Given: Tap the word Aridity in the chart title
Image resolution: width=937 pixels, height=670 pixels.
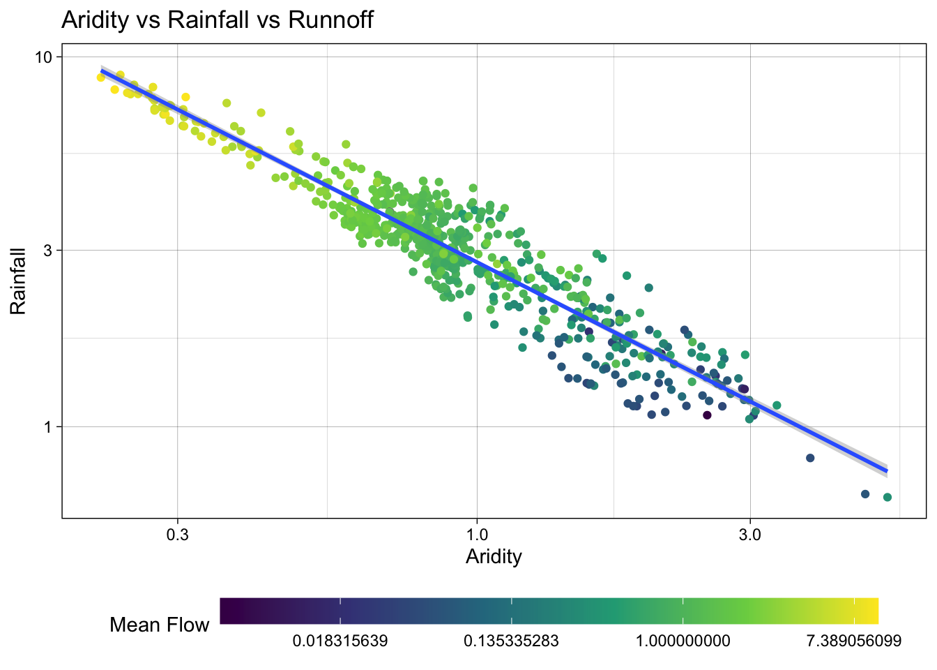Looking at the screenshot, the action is click(96, 20).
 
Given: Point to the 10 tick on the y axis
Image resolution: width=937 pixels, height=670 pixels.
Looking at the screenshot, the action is click(43, 57).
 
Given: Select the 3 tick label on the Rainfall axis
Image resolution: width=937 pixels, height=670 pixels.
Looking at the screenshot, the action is click(47, 251).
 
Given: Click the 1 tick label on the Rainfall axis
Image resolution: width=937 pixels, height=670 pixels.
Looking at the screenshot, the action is click(47, 427).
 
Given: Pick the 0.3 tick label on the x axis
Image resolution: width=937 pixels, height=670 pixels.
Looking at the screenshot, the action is click(177, 535).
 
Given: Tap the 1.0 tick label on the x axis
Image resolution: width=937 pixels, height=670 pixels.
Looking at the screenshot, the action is click(477, 535).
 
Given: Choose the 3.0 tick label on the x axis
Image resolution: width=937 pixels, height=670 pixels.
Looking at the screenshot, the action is click(750, 535).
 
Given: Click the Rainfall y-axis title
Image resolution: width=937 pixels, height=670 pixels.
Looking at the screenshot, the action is click(18, 281).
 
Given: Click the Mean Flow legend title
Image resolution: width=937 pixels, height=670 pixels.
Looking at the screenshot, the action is click(159, 625).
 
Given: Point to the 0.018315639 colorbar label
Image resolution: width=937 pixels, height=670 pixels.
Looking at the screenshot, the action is click(340, 641).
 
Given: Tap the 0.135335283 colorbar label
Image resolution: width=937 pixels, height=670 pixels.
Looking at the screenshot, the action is click(511, 641).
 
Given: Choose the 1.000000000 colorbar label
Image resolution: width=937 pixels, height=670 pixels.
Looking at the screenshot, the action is click(683, 641).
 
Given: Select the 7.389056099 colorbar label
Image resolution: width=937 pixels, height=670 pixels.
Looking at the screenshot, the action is click(854, 641).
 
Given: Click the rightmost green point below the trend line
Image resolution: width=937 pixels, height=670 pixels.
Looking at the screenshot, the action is click(888, 497).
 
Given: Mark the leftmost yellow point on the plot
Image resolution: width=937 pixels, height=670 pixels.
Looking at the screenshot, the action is click(101, 77).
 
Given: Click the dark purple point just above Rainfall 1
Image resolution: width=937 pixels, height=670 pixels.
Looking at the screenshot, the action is click(707, 415).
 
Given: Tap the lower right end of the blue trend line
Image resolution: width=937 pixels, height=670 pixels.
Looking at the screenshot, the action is click(886, 471).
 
